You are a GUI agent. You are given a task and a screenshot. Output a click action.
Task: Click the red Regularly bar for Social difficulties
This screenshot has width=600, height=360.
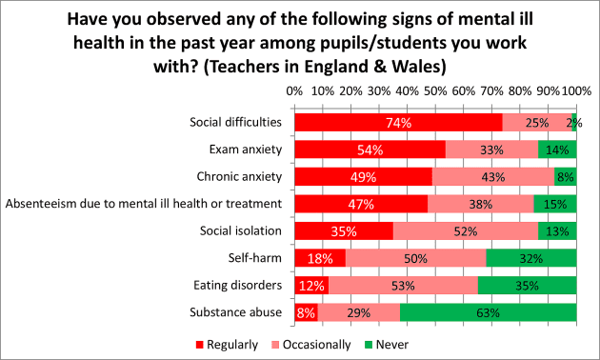point(398,122)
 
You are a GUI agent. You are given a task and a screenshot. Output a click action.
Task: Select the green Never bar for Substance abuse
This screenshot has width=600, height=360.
point(488,312)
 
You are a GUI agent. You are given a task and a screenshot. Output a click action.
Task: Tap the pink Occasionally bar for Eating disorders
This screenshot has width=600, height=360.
point(403,285)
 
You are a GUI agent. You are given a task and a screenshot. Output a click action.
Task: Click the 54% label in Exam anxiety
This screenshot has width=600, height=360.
point(370,150)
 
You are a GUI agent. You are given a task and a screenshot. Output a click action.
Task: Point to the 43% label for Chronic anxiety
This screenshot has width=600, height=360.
point(492,177)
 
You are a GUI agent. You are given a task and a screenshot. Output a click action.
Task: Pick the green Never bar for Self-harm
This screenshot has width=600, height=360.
point(530,258)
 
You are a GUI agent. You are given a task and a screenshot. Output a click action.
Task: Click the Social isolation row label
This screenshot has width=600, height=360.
point(241,231)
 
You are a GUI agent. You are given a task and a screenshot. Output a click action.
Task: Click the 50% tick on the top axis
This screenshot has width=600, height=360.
point(435,90)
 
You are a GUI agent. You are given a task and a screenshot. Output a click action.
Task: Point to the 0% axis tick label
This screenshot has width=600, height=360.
point(294,90)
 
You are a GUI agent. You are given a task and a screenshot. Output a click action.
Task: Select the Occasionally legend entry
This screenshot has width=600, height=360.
point(310,344)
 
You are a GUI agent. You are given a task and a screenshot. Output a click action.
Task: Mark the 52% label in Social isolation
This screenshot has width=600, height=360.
point(466,231)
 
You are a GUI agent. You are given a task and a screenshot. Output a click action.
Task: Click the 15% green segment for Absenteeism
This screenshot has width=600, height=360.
point(555,204)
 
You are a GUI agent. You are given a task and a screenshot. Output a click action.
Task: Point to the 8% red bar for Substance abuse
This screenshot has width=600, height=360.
point(306,312)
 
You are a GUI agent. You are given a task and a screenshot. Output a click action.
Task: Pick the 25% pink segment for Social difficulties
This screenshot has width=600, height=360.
point(536,122)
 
